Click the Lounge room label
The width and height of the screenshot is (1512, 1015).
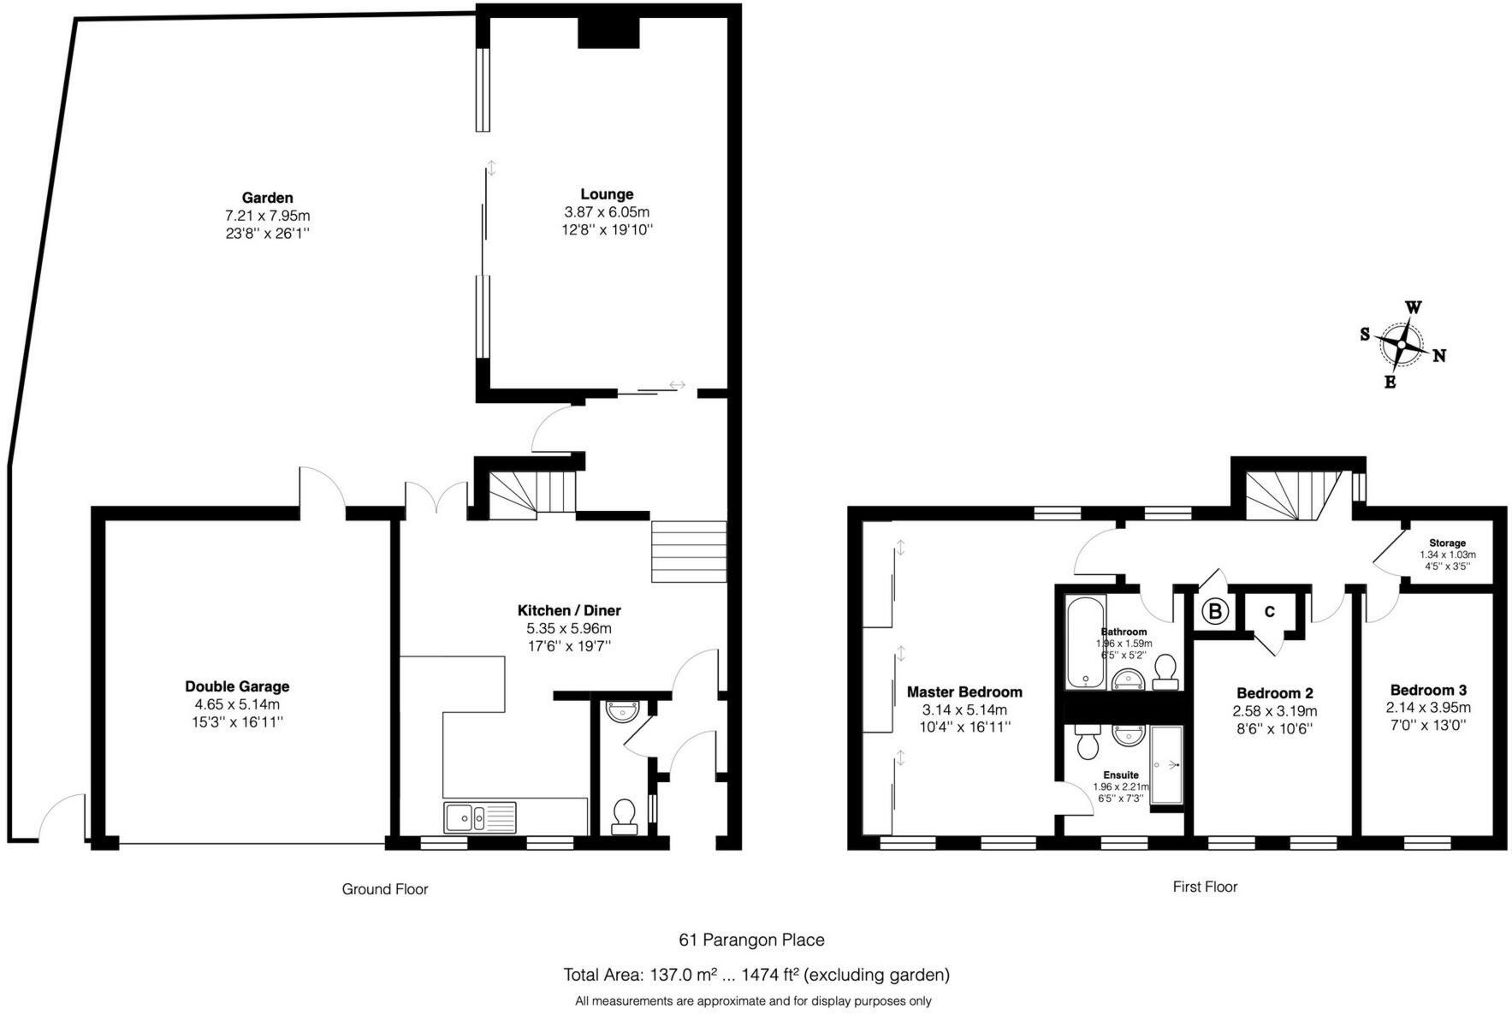pos(607,194)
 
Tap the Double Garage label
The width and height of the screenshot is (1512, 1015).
pos(237,686)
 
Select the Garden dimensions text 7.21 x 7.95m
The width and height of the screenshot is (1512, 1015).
pos(267,216)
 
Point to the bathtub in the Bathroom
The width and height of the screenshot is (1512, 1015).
pos(1085,642)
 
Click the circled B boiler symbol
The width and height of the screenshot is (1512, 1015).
pos(1214,611)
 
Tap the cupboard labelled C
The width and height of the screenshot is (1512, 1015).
pos(1269,611)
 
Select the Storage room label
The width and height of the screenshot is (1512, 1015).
pos(1447,543)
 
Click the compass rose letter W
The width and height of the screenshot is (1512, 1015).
pos(1414,307)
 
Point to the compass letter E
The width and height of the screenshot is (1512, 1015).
pos(1390,383)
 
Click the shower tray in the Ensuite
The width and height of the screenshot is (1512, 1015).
pos(1165,764)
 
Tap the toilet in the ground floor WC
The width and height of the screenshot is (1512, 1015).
pos(625,816)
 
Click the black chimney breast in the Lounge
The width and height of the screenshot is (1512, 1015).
pos(608,32)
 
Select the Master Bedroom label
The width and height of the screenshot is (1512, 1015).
pos(964,692)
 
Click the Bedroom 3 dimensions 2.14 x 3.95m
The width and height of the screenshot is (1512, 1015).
pos(1428,708)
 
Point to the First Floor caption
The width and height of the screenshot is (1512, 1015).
pos(1204,887)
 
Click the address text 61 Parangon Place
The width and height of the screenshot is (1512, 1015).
pos(751,940)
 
